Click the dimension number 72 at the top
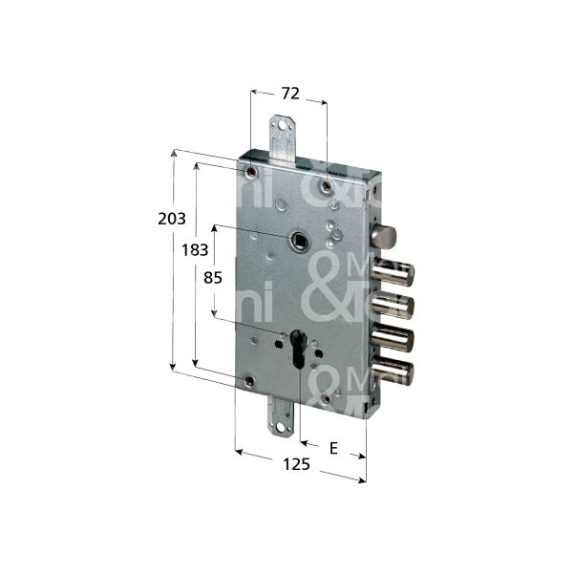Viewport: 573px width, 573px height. [x=290, y=94]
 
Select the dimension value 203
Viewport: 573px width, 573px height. [x=172, y=219]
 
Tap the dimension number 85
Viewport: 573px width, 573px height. [x=214, y=279]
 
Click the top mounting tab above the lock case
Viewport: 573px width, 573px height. [x=282, y=135]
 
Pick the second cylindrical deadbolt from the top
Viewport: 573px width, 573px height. [x=393, y=307]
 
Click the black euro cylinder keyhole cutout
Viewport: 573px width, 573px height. [x=298, y=349]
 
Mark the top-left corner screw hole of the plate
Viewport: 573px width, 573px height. [x=250, y=173]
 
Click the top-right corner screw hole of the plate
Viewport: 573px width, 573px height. [x=327, y=183]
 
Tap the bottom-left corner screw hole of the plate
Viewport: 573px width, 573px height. [x=249, y=381]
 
